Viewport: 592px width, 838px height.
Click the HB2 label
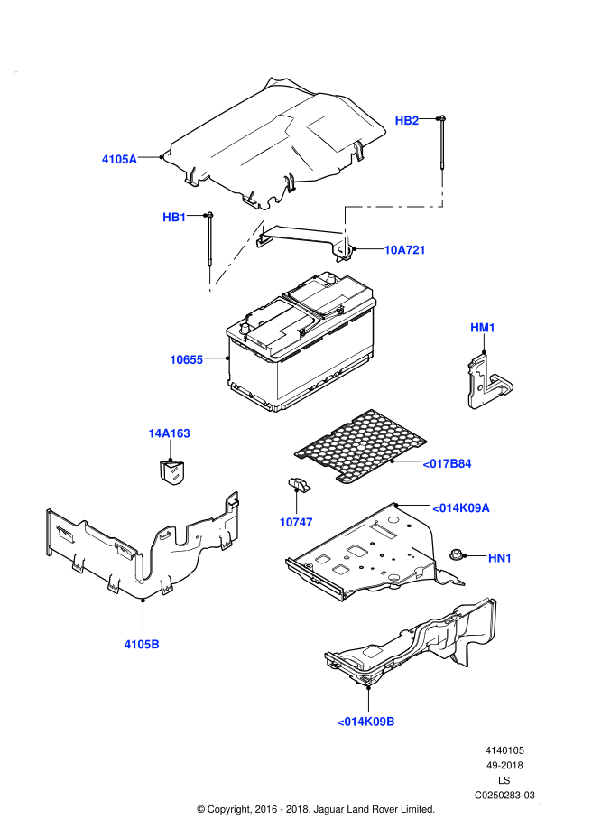coord(407,121)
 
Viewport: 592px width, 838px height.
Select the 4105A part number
coord(119,160)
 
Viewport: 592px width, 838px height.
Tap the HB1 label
coord(174,218)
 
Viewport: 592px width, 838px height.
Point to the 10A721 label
coord(404,250)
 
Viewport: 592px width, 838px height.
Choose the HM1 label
coord(483,328)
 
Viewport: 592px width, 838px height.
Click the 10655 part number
coord(187,360)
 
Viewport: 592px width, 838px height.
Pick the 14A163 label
coord(169,433)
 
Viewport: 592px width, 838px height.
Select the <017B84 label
coord(447,464)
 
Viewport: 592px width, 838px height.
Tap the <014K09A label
coord(460,508)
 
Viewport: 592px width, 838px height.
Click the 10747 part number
coord(296,523)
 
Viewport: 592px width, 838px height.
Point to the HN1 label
coord(500,558)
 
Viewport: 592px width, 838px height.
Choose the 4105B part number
coord(142,645)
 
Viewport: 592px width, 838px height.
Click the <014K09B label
coord(365,722)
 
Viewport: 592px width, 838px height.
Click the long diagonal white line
coord(236,256)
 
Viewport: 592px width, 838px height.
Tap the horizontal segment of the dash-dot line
coord(393,207)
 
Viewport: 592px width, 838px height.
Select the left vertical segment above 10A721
coord(345,231)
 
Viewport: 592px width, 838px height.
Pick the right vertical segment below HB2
coord(442,187)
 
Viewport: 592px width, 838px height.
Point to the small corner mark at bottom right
coord(538,804)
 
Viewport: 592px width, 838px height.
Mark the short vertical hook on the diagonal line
coord(209,277)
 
